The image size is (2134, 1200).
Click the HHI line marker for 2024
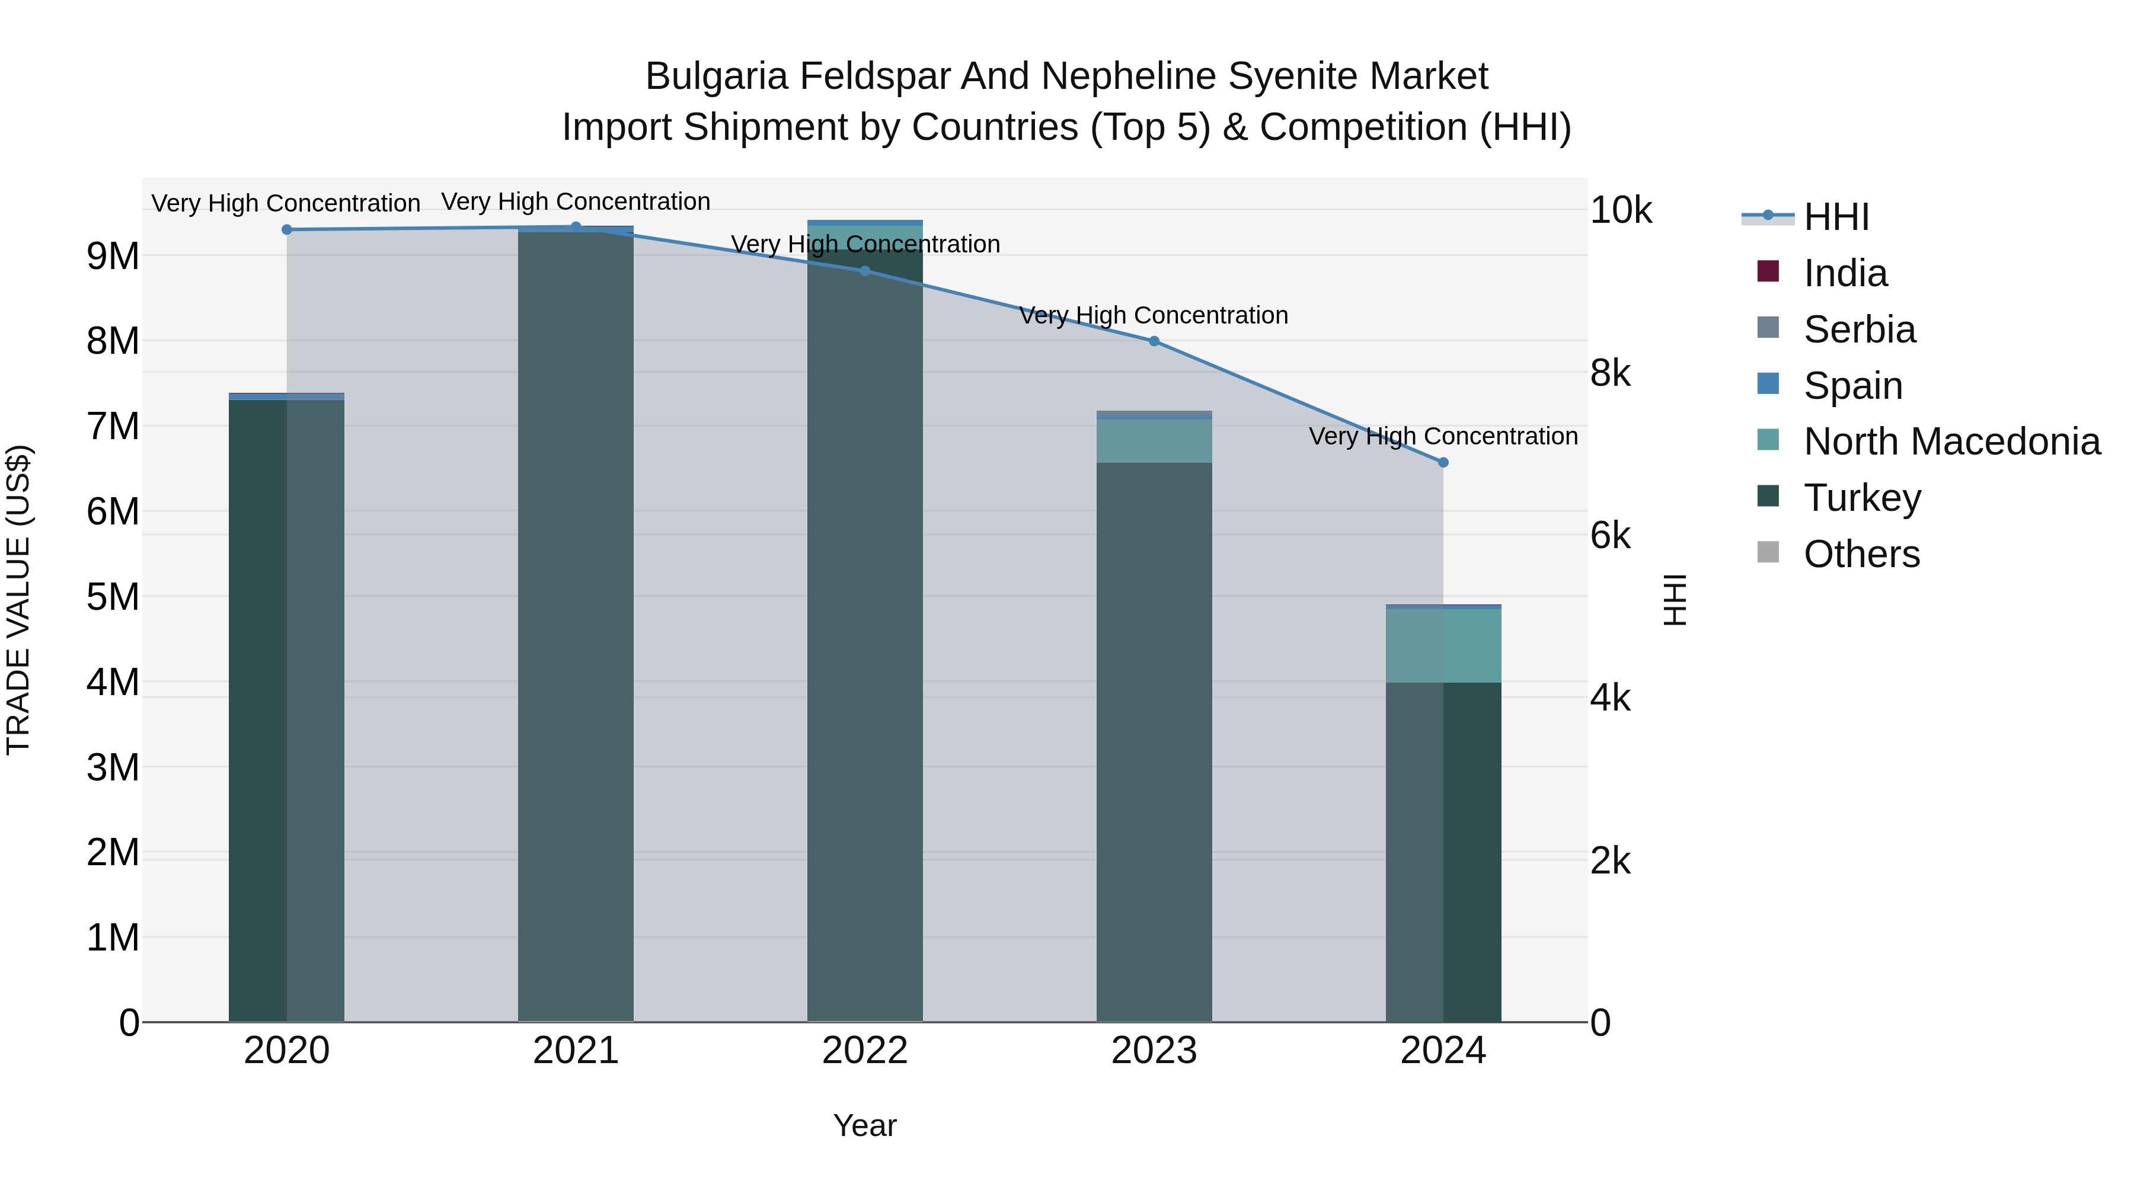coord(1443,462)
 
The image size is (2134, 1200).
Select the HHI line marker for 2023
coord(1154,341)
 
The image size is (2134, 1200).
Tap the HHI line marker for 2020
coord(287,229)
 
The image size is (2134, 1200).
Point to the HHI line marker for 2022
coord(865,271)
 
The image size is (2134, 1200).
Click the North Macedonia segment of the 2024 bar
coord(1443,645)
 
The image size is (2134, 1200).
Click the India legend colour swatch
coord(1768,271)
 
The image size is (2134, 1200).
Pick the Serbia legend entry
coord(1859,329)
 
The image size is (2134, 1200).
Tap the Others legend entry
coord(1861,554)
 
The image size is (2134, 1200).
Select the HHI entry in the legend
coord(1836,217)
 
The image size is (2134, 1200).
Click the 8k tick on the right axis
coord(1609,373)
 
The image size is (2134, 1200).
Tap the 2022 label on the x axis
coord(865,1051)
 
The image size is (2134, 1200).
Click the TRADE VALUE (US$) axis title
coord(18,600)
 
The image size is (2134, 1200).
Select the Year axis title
coord(865,1125)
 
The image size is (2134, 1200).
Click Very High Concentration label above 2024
coord(1443,436)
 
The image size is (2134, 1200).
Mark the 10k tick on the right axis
coord(1619,210)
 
